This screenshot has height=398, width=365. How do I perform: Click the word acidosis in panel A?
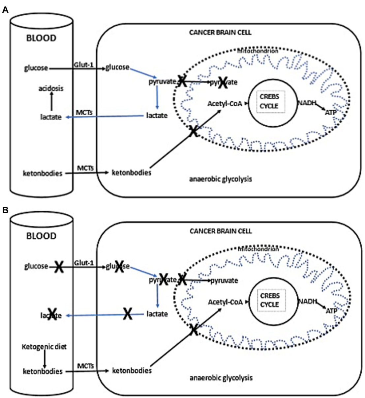(x=51, y=88)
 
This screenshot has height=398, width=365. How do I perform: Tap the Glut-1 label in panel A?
(x=83, y=65)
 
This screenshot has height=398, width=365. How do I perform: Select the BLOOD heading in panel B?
(x=41, y=236)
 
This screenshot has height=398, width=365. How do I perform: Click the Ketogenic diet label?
(x=44, y=347)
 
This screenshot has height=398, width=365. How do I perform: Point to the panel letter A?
(x=5, y=10)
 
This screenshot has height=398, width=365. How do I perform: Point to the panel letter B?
(x=5, y=210)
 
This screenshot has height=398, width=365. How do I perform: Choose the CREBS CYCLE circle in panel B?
(x=269, y=300)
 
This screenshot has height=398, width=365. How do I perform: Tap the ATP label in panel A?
(x=330, y=113)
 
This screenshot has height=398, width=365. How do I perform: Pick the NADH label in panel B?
(x=307, y=301)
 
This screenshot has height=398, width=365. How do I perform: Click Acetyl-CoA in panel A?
(x=225, y=104)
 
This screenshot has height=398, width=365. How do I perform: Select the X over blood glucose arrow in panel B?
(x=59, y=267)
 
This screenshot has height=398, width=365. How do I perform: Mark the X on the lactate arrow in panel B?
(x=128, y=314)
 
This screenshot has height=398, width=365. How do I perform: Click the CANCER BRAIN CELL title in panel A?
(x=220, y=33)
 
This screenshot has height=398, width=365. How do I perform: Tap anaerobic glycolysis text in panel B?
(x=221, y=378)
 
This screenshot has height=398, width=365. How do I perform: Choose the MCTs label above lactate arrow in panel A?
(x=84, y=113)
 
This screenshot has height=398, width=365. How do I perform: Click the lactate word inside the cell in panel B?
(x=157, y=314)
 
